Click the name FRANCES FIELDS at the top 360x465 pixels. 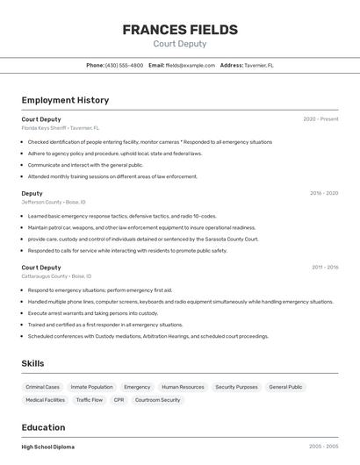(180, 30)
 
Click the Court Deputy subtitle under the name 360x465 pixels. (180, 44)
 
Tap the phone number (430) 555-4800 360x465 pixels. (124, 66)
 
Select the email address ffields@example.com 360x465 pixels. (191, 66)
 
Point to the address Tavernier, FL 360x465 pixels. (259, 66)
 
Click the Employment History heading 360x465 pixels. (65, 100)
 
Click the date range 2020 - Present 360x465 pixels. (320, 119)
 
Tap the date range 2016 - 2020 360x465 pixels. (324, 193)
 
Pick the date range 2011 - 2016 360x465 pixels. (325, 268)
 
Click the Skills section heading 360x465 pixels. (32, 363)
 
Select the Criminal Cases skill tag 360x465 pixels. (43, 387)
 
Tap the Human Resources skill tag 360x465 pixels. (183, 387)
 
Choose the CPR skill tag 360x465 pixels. (119, 400)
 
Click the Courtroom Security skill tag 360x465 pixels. (158, 400)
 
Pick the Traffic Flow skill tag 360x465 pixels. (89, 400)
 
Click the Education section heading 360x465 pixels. (45, 428)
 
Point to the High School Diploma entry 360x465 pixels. (48, 447)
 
